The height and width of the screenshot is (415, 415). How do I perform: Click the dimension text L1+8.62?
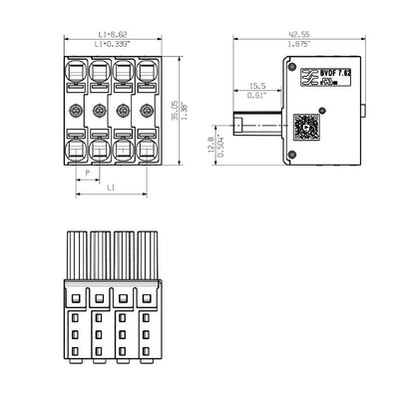(111, 35)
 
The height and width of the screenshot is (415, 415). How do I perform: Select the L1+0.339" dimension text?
(111, 46)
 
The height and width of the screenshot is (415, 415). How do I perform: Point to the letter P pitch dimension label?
(87, 172)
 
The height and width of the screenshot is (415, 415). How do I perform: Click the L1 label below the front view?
(111, 188)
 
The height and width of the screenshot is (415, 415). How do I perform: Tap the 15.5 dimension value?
(256, 86)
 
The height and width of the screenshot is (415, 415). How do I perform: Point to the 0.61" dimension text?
(256, 97)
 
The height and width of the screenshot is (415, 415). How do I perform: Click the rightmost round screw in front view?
(148, 109)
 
